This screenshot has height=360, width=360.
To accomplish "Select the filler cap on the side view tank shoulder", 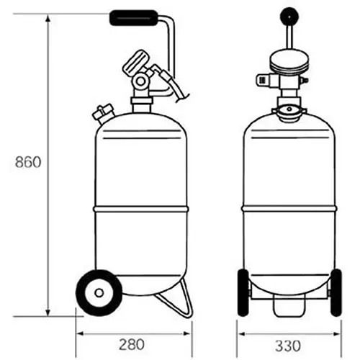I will pos(102,114).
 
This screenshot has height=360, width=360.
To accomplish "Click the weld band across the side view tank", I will pos(140,207).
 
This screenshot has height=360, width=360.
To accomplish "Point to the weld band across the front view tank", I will pos(288,207).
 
